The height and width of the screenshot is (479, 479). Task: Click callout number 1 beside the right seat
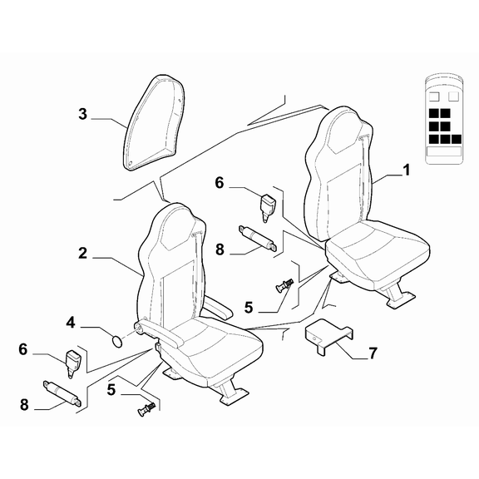pyautogui.click(x=406, y=170)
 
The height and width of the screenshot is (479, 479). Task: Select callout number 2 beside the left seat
pyautogui.click(x=82, y=254)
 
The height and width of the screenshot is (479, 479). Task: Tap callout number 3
pyautogui.click(x=82, y=114)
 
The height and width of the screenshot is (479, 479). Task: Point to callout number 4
pyautogui.click(x=71, y=323)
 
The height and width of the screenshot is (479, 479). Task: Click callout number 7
pyautogui.click(x=373, y=353)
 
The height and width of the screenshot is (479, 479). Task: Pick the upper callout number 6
pyautogui.click(x=220, y=183)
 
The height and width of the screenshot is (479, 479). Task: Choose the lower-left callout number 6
pyautogui.click(x=23, y=349)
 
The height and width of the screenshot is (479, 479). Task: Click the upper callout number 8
pyautogui.click(x=220, y=249)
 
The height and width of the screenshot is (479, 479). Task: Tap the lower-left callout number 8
pyautogui.click(x=24, y=405)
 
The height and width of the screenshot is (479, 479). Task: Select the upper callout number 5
pyautogui.click(x=249, y=308)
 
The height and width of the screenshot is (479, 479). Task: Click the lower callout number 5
pyautogui.click(x=111, y=390)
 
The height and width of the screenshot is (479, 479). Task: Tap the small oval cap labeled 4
pyautogui.click(x=117, y=341)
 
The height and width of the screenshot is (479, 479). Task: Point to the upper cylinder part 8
pyautogui.click(x=259, y=237)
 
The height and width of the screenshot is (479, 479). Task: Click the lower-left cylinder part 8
pyautogui.click(x=62, y=393)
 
